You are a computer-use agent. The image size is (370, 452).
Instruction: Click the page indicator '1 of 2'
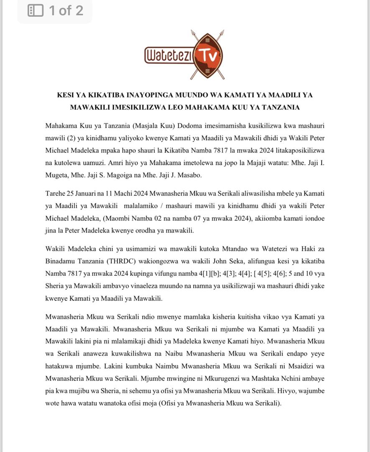pyautogui.click(x=66, y=10)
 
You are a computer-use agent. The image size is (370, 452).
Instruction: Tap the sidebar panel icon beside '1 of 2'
pyautogui.click(x=36, y=10)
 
